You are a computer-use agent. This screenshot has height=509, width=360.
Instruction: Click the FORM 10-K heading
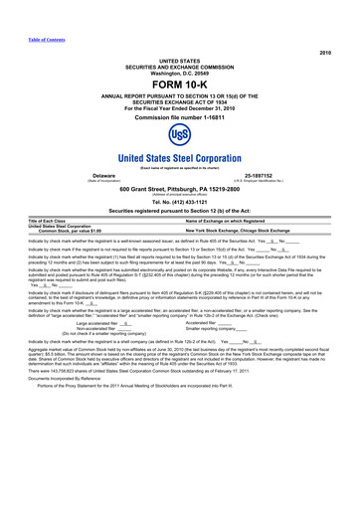[x=179, y=85]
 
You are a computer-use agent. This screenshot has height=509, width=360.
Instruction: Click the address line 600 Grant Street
[x=180, y=189]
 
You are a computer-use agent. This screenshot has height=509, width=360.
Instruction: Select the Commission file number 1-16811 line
[x=180, y=117]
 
